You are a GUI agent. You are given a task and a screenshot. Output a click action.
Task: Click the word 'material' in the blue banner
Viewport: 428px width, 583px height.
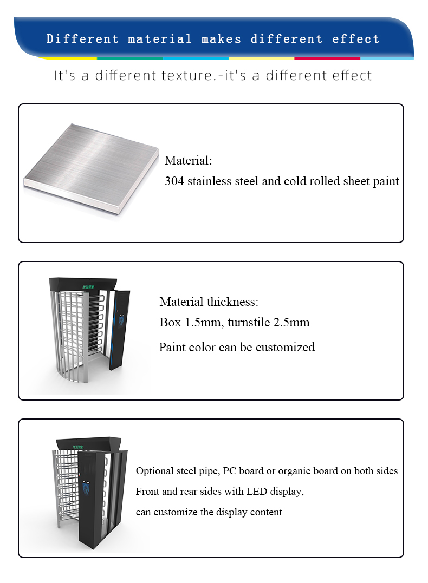click(159, 39)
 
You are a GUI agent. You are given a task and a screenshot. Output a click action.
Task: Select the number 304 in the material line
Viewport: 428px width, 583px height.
click(174, 181)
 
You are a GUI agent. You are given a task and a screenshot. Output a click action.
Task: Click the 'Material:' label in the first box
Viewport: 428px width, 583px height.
click(188, 161)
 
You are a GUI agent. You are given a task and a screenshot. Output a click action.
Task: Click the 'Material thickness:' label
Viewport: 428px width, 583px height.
click(209, 302)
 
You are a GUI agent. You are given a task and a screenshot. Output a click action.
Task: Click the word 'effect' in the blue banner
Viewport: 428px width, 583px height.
click(356, 39)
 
